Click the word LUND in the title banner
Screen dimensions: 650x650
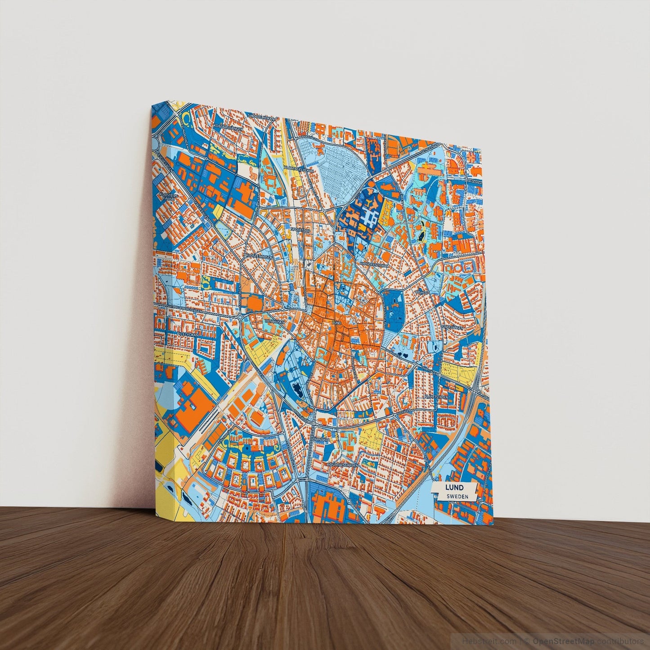pyautogui.click(x=454, y=488)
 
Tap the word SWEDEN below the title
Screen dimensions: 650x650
pyautogui.click(x=457, y=496)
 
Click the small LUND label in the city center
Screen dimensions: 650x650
pyautogui.click(x=337, y=323)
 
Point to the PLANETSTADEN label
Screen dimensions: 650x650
pyautogui.click(x=436, y=397)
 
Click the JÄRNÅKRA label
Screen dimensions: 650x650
pyautogui.click(x=323, y=439)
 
